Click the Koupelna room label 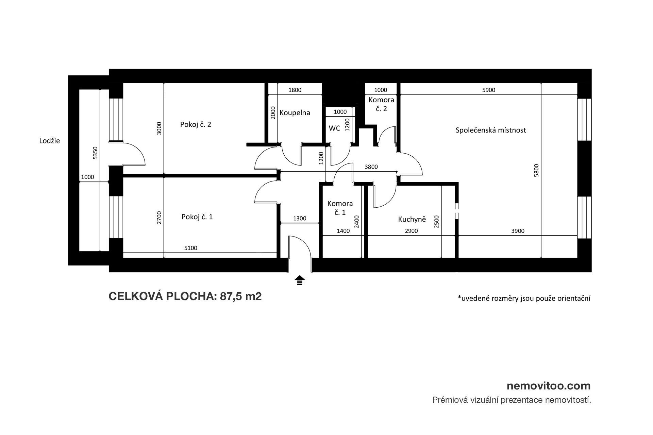(295, 113)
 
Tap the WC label (335, 128)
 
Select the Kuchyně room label (412, 220)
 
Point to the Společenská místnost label (491, 130)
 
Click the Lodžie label (50, 141)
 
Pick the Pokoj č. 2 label (196, 124)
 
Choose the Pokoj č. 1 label (197, 217)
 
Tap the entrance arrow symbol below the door (300, 280)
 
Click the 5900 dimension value (489, 90)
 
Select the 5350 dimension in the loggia (96, 153)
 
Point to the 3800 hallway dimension (371, 167)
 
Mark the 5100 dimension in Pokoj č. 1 (190, 248)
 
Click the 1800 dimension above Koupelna (295, 90)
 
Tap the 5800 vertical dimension (536, 171)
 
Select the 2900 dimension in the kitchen (411, 231)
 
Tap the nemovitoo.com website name (549, 386)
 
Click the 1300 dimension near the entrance (300, 219)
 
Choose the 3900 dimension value (518, 231)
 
